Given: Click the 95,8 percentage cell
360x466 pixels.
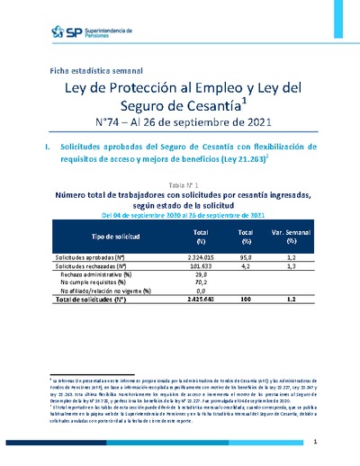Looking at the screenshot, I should (245, 256).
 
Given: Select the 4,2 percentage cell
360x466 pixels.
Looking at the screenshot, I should (245, 266).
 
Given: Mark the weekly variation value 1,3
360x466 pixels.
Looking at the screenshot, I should (290, 266).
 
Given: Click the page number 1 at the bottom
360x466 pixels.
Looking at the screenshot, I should (314, 444).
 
